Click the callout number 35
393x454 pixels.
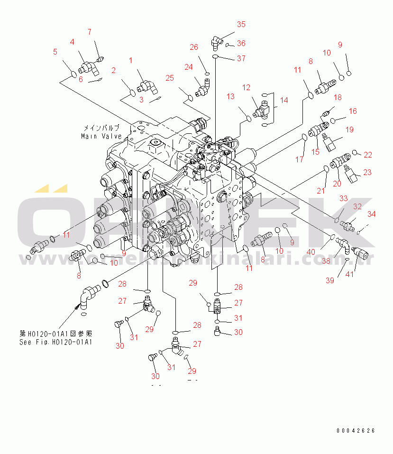[x=241, y=24]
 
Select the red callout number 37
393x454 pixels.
[x=241, y=59]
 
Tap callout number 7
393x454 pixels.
[x=89, y=32]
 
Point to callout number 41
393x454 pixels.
[x=350, y=274]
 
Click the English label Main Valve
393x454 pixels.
[x=101, y=136]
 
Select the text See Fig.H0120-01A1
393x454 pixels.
[x=55, y=342]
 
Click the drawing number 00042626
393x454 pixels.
[x=356, y=431]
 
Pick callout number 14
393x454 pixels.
[x=283, y=101]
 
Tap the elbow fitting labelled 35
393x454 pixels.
[x=216, y=43]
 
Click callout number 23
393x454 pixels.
[x=367, y=172]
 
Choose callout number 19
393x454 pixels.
[x=349, y=130]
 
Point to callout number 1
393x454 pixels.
[x=131, y=60]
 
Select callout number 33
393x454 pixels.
[x=343, y=198]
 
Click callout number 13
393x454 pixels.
[x=230, y=97]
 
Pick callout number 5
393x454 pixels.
[x=55, y=52]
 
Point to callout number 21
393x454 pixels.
[x=321, y=191]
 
